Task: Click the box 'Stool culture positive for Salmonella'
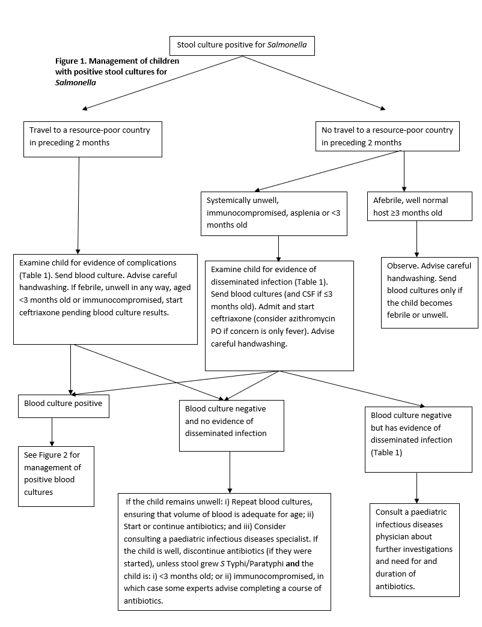[242, 46]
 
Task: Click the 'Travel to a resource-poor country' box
[93, 136]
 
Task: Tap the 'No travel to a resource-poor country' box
[388, 136]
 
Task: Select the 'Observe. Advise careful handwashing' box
[429, 292]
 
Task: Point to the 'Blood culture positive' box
[63, 405]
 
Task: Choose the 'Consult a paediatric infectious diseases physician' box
[414, 549]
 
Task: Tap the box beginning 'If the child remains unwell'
[224, 550]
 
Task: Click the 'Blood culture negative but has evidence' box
[418, 439]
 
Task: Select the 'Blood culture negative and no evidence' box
[231, 425]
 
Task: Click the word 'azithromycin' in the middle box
[313, 320]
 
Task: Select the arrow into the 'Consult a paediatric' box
[416, 486]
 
